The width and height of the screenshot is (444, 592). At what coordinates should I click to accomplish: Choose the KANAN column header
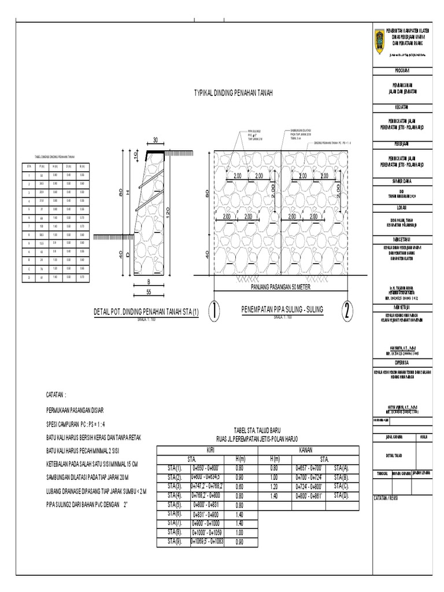(x=306, y=449)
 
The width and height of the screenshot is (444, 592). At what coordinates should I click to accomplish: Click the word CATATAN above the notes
(x=56, y=394)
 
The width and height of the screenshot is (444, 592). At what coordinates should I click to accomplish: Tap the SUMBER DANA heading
(x=402, y=181)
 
